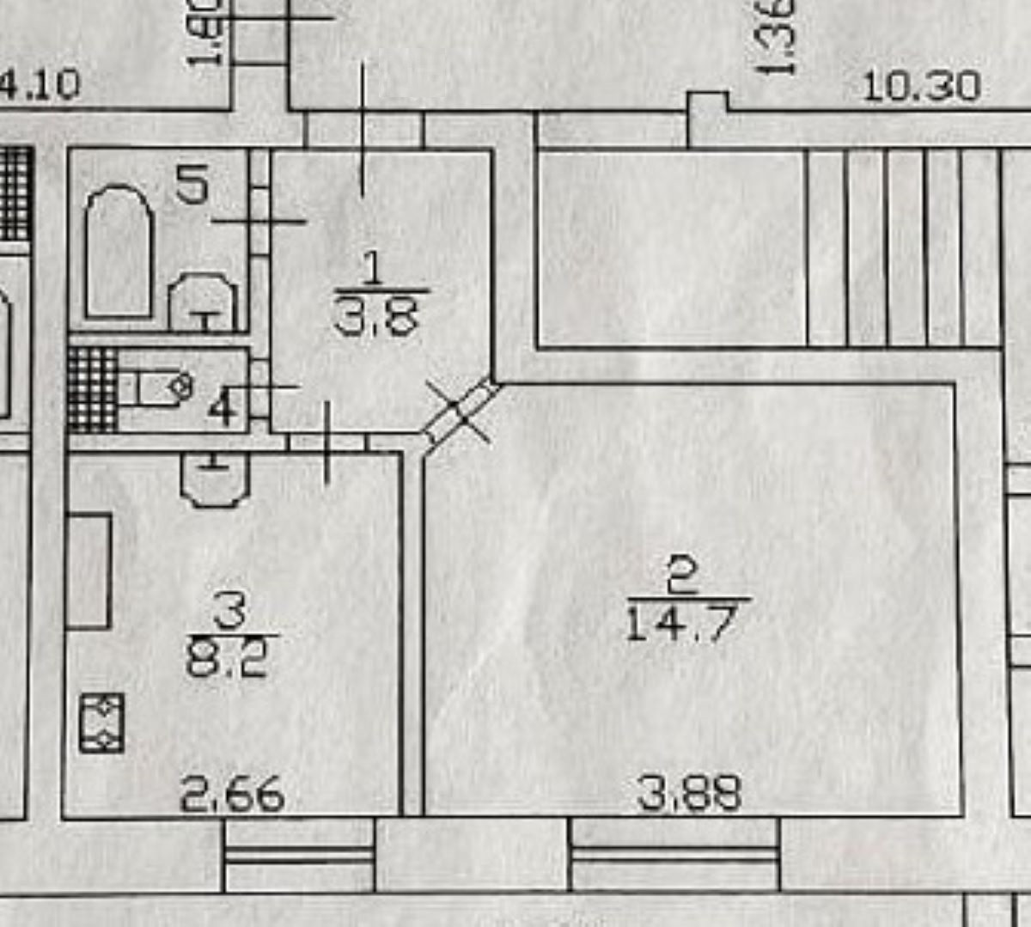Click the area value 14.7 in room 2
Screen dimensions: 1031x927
click(681, 623)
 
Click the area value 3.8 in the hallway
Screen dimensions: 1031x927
click(375, 318)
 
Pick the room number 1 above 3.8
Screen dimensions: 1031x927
click(373, 270)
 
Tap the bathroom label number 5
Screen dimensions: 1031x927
click(192, 184)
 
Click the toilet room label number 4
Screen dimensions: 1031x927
click(223, 407)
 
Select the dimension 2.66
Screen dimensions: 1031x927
click(232, 795)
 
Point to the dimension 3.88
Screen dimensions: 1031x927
click(690, 793)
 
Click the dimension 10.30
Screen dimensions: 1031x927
click(921, 87)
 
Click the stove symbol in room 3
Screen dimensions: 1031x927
click(102, 723)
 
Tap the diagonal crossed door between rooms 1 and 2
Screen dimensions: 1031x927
click(461, 413)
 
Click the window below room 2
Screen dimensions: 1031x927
click(674, 854)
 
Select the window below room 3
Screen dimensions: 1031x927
click(299, 854)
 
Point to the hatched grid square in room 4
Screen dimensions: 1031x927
click(92, 389)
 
